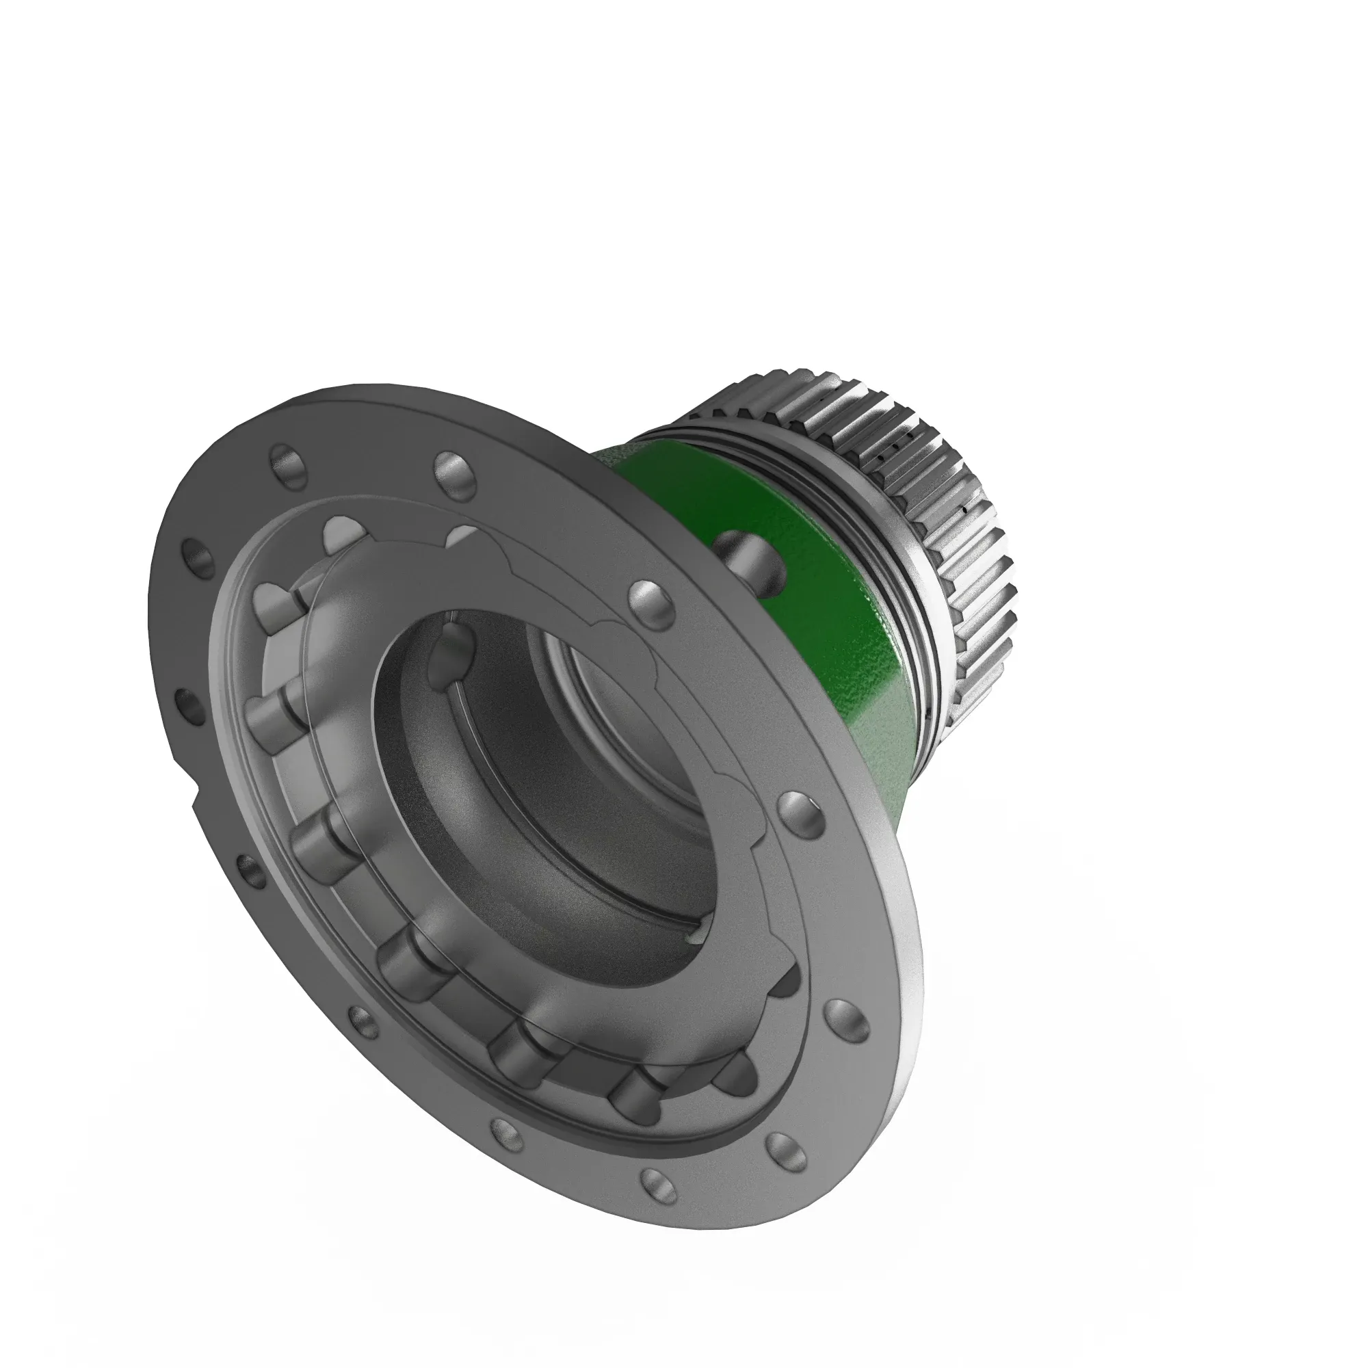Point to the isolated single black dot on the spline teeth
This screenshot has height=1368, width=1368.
pyautogui.click(x=964, y=508)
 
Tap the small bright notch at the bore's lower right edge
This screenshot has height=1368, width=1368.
pyautogui.click(x=696, y=936)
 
